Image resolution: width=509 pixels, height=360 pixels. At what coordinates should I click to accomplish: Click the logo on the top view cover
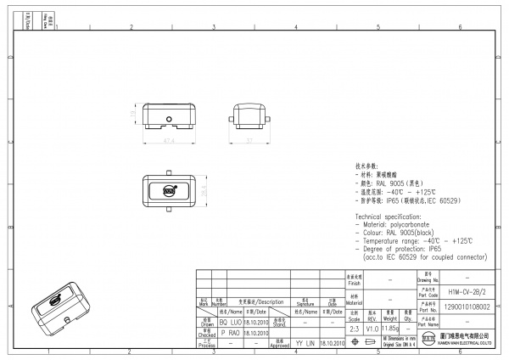(x=169, y=191)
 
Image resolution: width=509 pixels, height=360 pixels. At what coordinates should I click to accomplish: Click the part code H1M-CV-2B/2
(x=466, y=290)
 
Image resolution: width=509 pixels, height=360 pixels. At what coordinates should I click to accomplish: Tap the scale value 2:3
(x=353, y=328)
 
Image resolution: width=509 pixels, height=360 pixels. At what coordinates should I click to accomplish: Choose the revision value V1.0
(x=372, y=328)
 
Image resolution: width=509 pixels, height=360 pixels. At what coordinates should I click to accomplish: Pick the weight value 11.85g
(x=390, y=328)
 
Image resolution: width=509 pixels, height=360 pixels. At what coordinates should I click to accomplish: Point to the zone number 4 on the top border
(x=294, y=27)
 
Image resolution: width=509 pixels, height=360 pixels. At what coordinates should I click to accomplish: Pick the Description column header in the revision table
(x=266, y=301)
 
